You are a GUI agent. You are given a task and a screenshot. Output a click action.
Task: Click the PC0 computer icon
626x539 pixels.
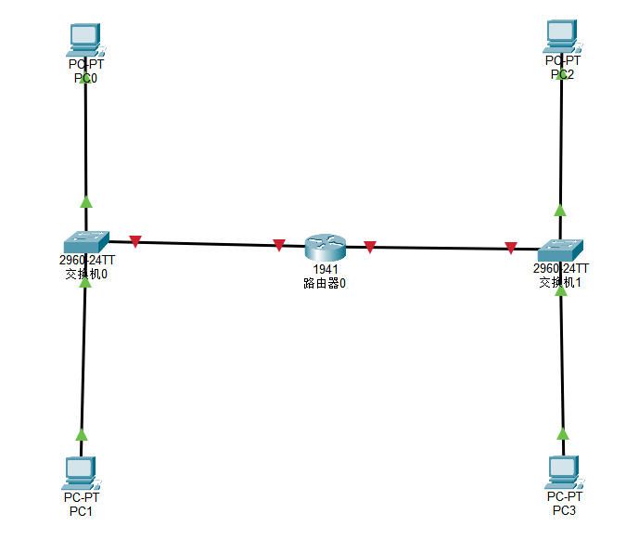(84, 38)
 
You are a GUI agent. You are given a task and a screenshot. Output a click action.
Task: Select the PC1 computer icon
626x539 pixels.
(82, 472)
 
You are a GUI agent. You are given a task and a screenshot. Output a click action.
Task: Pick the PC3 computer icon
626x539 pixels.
(562, 471)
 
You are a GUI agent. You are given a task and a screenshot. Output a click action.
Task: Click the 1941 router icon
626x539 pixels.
(325, 247)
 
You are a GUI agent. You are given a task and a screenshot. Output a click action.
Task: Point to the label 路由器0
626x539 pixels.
(325, 283)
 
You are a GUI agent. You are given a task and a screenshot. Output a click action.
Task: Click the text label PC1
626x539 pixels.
(81, 511)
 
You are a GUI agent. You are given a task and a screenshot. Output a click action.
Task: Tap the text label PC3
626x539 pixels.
(564, 510)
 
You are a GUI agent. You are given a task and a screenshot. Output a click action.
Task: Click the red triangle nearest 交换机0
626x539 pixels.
(135, 242)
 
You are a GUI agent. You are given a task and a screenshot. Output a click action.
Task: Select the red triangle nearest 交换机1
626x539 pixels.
(511, 248)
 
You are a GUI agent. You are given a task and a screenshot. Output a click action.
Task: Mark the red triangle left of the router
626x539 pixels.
(279, 245)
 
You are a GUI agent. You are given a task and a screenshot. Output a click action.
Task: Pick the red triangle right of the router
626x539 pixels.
(370, 247)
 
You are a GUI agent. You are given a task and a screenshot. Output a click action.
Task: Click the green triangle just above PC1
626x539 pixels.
(82, 434)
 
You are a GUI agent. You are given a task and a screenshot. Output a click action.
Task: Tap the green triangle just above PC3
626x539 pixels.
(562, 433)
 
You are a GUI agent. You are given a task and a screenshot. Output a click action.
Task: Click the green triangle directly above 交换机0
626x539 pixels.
(86, 200)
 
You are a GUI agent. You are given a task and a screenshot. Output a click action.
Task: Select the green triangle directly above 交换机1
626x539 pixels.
(560, 210)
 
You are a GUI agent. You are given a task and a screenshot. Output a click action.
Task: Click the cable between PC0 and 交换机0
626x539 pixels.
(85, 139)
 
